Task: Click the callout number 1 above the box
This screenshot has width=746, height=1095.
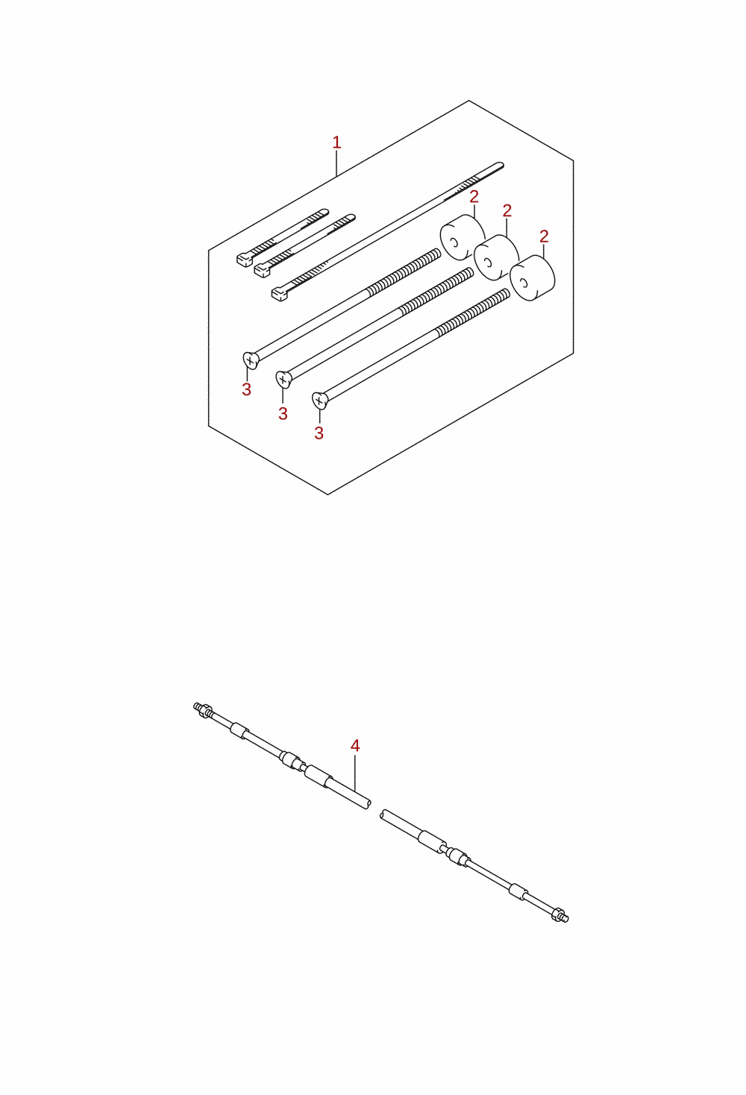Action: coord(336,143)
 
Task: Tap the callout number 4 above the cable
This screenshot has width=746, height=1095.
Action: coord(355,745)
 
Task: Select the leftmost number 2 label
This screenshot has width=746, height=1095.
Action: coord(474,197)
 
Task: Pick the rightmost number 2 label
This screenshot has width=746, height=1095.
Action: coord(544,236)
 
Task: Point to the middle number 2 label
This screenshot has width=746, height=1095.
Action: coord(507,210)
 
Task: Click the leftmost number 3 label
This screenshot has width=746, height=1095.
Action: coord(246,389)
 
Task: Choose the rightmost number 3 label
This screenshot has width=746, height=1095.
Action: coord(319,433)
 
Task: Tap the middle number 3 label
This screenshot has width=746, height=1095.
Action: coord(283,413)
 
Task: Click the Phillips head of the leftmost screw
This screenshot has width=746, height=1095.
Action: coord(251,360)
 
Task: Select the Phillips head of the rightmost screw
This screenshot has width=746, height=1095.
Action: coord(319,401)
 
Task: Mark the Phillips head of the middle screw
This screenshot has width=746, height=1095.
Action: coord(283,380)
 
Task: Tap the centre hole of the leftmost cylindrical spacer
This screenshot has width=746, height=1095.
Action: coord(453,242)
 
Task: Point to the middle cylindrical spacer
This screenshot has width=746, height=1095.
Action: coord(496,257)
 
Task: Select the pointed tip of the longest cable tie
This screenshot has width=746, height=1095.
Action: coord(501,164)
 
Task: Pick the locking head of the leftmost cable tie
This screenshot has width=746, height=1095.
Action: coord(244,260)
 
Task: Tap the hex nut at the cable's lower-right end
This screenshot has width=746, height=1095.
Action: coord(557,914)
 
